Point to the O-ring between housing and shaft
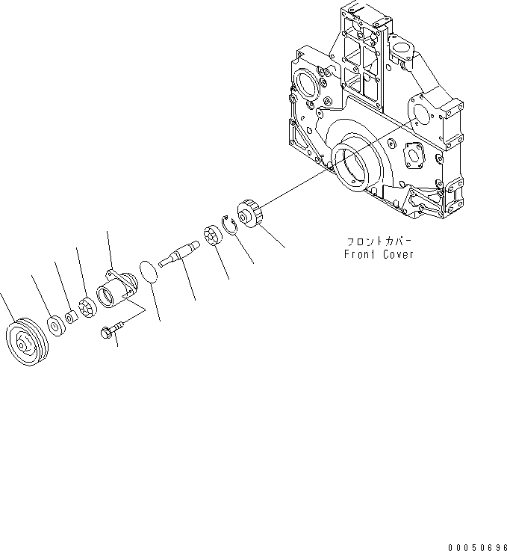coord(149,271)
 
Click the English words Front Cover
coord(379,254)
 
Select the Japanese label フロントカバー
coord(379,241)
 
